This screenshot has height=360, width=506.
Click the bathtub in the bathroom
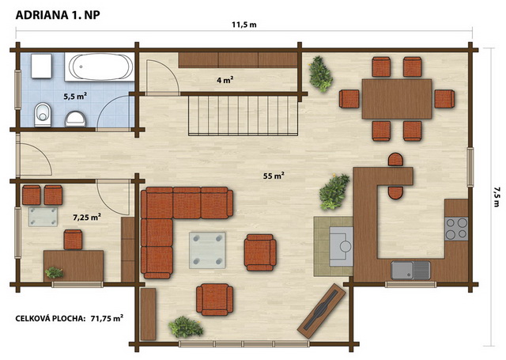point(100,66)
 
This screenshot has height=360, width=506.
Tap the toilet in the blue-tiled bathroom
point(43,115)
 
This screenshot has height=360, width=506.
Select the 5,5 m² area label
point(75,96)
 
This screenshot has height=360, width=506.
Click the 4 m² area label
point(225,80)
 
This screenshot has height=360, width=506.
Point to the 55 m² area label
point(274,176)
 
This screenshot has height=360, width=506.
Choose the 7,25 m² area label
point(86,218)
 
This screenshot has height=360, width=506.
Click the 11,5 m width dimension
point(244,25)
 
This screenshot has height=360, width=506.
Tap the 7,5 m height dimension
point(497,196)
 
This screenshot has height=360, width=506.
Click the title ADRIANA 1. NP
point(58,15)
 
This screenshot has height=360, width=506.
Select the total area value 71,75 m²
point(107,318)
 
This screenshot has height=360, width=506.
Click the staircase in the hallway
point(243,115)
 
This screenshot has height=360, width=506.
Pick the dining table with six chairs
point(397,99)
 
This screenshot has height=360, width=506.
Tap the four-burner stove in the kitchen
point(456,229)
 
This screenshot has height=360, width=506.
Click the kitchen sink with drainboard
point(410,270)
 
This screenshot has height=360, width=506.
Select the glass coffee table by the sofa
point(207,250)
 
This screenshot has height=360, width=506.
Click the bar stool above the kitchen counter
point(395,160)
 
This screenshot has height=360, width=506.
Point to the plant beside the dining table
point(320,74)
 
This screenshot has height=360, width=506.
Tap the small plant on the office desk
point(55,273)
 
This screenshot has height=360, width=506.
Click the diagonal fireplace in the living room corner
point(322,311)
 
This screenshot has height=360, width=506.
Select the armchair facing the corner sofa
point(260,252)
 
